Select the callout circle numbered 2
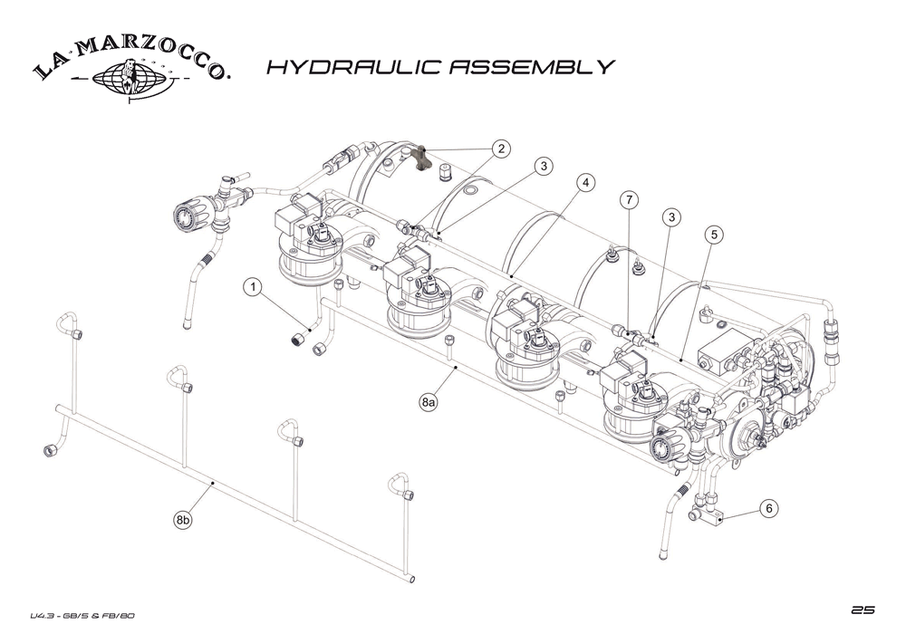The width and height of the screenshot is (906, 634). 502,149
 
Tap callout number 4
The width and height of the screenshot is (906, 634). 586,183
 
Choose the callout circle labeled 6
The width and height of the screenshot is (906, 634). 768,509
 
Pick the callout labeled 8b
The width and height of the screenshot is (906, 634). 183,520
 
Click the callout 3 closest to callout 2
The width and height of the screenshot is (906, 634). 543,167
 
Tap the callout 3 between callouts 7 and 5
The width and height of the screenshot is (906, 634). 671,216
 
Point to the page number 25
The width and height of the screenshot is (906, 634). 863,608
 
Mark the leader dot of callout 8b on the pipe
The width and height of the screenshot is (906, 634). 212,484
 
